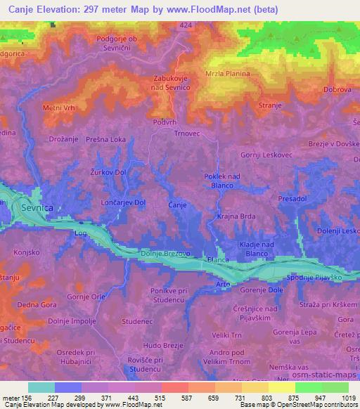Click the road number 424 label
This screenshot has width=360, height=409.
pos(185,25)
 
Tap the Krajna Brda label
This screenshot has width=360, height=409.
pos(236,217)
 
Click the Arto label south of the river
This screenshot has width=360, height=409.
pos(222,283)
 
